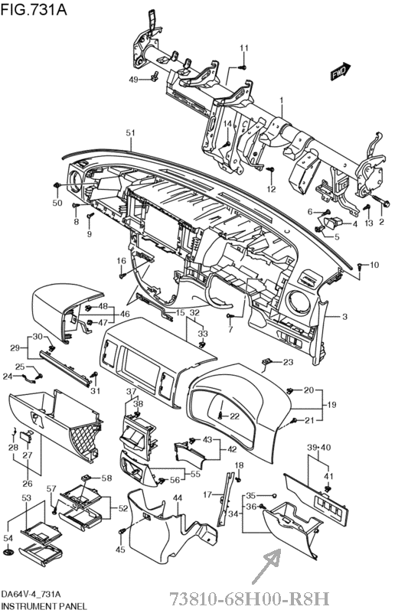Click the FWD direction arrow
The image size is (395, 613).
340,71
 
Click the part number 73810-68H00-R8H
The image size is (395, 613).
250,598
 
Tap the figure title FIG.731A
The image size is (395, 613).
34,9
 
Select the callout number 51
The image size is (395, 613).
130,133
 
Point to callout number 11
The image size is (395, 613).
244,48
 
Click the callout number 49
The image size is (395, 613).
134,80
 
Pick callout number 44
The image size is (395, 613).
178,497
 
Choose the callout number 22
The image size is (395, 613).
234,416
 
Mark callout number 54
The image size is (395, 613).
8,538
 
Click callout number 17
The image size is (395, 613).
207,494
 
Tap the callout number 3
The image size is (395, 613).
344,316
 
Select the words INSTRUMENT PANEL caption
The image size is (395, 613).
44,606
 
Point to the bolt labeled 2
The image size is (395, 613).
381,201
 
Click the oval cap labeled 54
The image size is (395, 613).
8,552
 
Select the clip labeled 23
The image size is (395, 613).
266,362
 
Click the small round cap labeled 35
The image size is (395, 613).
275,496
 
